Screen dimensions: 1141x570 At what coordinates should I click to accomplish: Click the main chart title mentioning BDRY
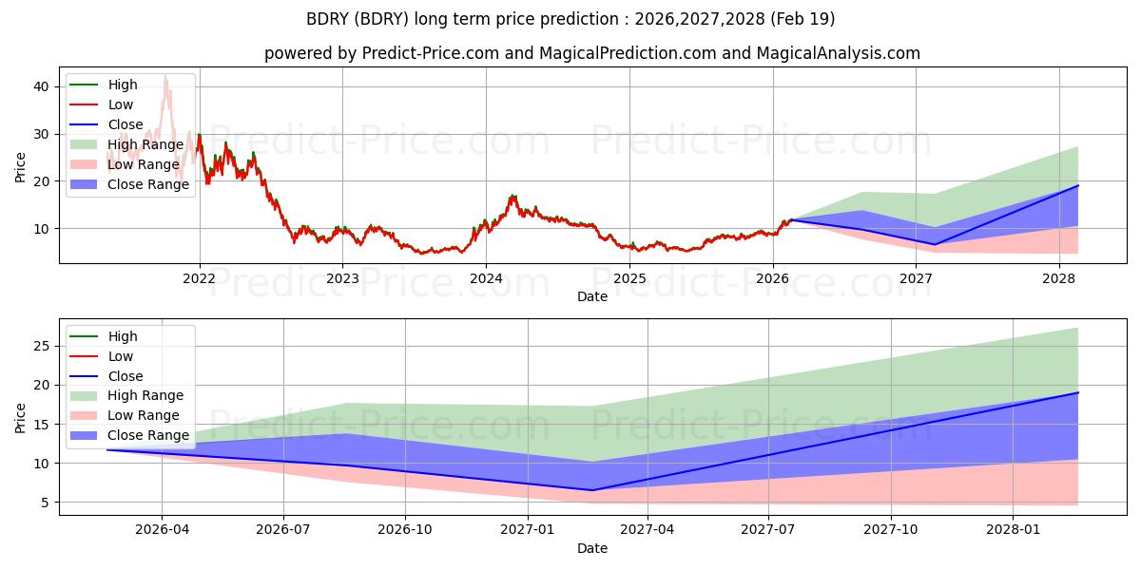[x=570, y=19]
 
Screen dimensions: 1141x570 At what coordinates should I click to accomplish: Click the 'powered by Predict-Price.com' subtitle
[x=591, y=53]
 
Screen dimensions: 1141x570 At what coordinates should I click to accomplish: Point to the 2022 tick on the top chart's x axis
[x=199, y=278]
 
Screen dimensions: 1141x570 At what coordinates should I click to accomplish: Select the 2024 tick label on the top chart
[x=486, y=278]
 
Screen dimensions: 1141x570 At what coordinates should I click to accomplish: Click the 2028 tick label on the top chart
[x=1058, y=278]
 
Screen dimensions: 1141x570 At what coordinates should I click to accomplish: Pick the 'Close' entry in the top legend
[x=126, y=124]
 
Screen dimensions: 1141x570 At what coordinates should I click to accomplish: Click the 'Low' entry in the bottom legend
[x=121, y=356]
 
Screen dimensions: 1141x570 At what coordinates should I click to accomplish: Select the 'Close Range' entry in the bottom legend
[x=148, y=435]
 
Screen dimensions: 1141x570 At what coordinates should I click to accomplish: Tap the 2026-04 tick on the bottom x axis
[x=162, y=530]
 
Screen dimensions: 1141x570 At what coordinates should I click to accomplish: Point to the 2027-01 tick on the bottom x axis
[x=528, y=530]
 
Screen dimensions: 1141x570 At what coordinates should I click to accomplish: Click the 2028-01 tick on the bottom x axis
[x=1014, y=530]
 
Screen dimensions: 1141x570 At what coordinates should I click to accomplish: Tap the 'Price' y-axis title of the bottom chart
[x=21, y=416]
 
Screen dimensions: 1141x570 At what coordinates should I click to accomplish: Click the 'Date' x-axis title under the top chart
[x=591, y=296]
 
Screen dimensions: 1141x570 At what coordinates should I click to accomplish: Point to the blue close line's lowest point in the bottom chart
[x=591, y=490]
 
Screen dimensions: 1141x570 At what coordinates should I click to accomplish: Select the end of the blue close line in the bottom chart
[x=1078, y=392]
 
